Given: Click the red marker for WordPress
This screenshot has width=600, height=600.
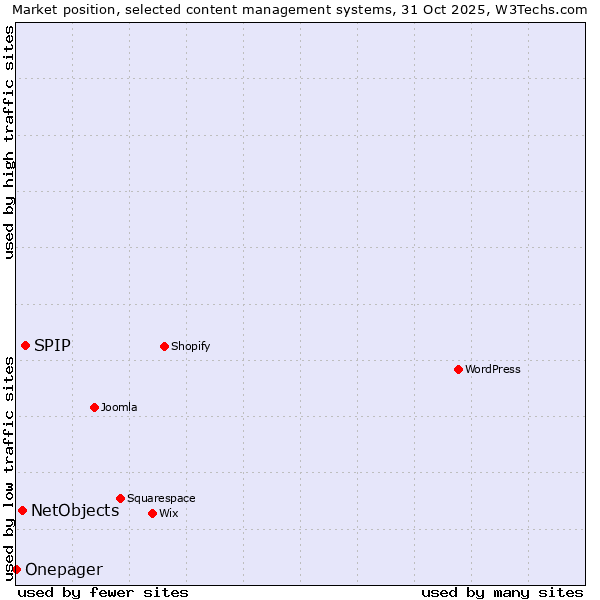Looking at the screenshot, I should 458,369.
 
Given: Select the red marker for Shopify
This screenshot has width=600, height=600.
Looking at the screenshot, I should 164,346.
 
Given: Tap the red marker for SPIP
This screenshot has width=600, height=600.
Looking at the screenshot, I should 25,345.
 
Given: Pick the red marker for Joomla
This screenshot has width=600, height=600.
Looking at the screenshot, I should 94,407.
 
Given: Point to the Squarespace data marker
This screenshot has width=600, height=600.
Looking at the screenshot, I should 120,498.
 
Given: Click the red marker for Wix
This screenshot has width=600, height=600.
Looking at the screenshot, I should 152,513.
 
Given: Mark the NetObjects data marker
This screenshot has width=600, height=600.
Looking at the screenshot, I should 22,510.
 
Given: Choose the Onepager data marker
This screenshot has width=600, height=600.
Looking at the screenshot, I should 16,569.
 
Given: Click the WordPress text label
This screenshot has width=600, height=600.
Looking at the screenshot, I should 493,369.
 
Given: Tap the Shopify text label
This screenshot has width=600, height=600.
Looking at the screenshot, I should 190,346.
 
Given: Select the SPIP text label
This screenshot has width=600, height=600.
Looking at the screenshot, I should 52,345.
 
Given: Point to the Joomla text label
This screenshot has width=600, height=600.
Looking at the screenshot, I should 119,407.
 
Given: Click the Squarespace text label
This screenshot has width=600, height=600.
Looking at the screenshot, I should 161,498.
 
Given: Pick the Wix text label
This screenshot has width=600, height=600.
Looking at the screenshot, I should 169,513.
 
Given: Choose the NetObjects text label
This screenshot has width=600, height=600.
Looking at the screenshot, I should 75,510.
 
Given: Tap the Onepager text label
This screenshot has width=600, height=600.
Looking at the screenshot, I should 63,570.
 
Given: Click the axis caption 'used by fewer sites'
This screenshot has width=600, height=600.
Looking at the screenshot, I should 103,592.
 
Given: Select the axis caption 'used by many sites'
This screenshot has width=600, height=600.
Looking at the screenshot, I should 502,592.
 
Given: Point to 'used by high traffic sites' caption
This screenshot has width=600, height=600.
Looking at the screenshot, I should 9,142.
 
